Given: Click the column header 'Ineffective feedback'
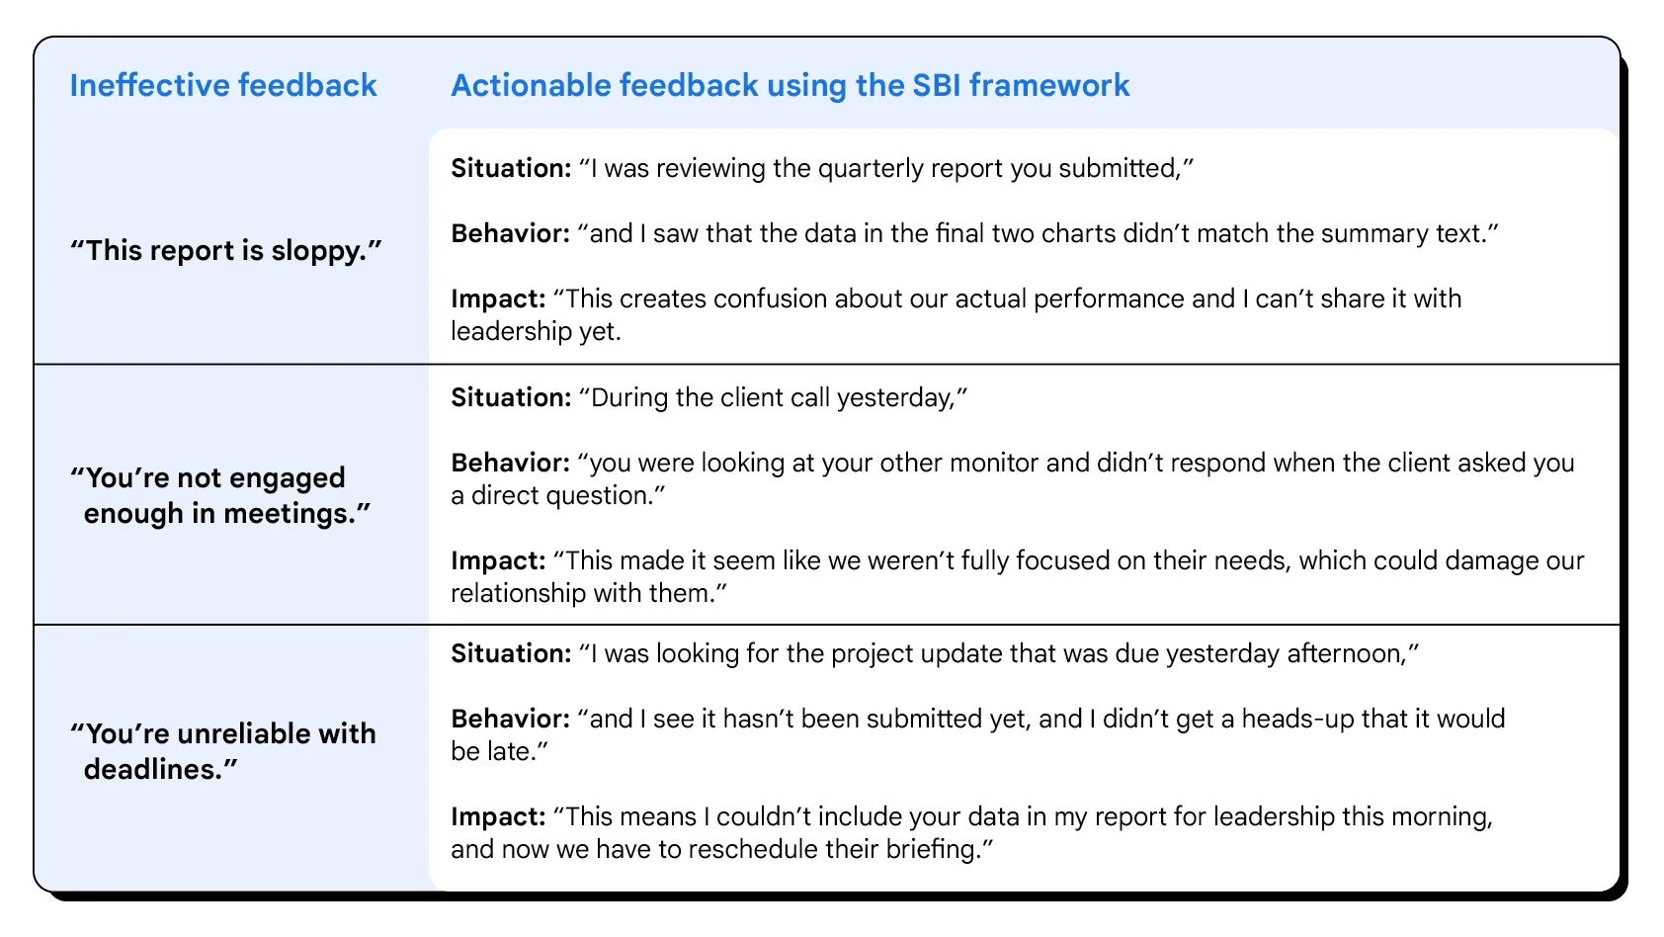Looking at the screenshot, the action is pos(223,85).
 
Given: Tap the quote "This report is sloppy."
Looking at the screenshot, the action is pos(226,250).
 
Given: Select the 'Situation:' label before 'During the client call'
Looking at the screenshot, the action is pos(511,397).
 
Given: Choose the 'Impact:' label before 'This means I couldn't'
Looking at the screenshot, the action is pos(498,817).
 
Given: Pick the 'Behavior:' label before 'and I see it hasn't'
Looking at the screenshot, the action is pos(510,720).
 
